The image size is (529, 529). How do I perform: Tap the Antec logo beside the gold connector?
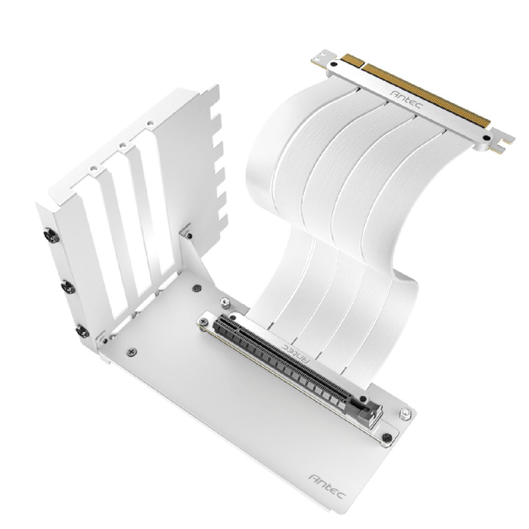tap(406, 99)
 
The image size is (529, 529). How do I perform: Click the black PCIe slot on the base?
tap(284, 358)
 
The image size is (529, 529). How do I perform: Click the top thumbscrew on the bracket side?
tap(52, 236)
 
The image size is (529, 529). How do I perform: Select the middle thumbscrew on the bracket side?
tap(69, 287)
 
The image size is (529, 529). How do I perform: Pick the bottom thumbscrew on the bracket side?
tap(83, 331)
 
